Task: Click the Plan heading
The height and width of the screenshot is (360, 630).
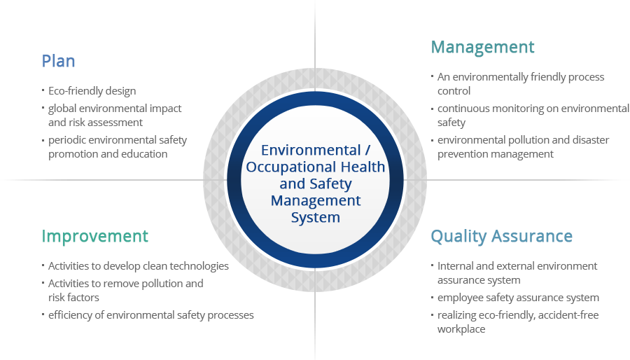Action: (58, 61)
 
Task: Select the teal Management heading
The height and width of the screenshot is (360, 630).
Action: (482, 48)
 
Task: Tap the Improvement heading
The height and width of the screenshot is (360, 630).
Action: (94, 236)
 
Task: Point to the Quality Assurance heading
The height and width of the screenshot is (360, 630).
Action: (501, 236)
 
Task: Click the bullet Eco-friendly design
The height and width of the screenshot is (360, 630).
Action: (92, 91)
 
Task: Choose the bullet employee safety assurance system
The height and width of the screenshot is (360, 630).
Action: (518, 298)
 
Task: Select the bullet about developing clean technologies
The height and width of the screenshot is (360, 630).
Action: (138, 266)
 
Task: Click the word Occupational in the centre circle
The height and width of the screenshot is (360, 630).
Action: (291, 167)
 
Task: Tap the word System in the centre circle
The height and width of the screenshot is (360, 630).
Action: (316, 217)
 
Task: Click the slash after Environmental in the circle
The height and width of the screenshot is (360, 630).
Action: (367, 150)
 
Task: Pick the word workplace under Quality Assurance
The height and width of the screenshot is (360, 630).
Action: (461, 329)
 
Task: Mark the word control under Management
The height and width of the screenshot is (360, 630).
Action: (454, 91)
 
